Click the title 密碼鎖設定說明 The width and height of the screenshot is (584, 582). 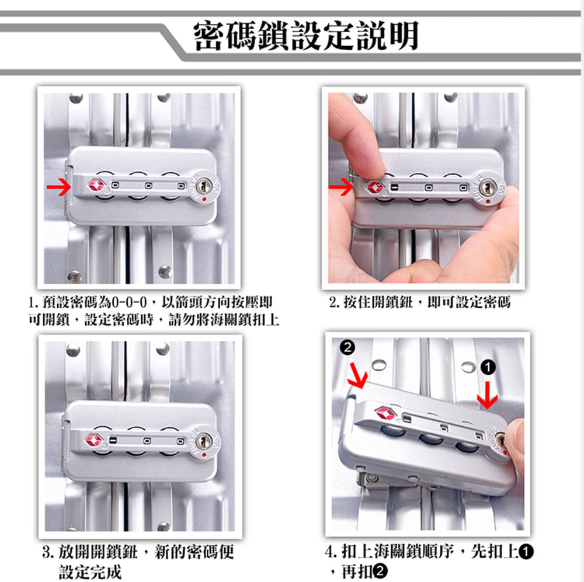pyautogui.click(x=306, y=36)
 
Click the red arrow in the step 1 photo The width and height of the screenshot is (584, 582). pyautogui.click(x=59, y=187)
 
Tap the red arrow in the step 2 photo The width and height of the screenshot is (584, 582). pyautogui.click(x=340, y=187)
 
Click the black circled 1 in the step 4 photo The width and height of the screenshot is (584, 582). pyautogui.click(x=488, y=368)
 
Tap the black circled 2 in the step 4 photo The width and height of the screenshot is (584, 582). pyautogui.click(x=347, y=347)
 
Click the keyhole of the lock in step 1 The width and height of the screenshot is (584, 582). pyautogui.click(x=204, y=186)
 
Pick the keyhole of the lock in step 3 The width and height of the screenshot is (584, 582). pyautogui.click(x=204, y=441)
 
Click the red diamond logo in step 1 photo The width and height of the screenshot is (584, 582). pyautogui.click(x=97, y=185)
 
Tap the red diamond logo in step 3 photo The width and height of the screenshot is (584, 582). pyautogui.click(x=95, y=440)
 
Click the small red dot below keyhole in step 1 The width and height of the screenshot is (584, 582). pyautogui.click(x=204, y=200)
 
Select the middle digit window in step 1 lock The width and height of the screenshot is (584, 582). pyautogui.click(x=148, y=186)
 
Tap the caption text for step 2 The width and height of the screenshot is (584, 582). pyautogui.click(x=420, y=302)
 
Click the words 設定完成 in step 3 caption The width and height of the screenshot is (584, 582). pyautogui.click(x=90, y=572)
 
